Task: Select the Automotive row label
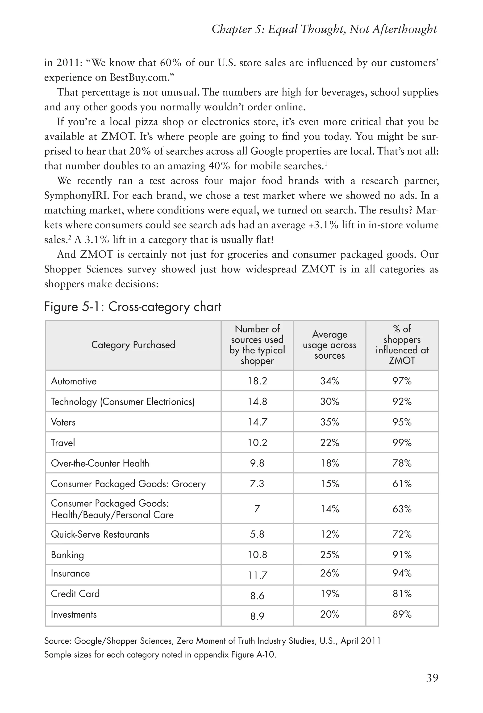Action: pyautogui.click(x=74, y=381)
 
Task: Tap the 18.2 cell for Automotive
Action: pyautogui.click(x=257, y=381)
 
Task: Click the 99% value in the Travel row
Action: pyautogui.click(x=402, y=442)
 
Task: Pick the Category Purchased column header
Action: pyautogui.click(x=133, y=345)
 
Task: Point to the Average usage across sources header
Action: pyautogui.click(x=329, y=345)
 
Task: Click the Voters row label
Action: pyautogui.click(x=63, y=422)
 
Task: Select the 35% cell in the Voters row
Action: pyautogui.click(x=329, y=422)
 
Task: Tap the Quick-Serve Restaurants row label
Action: pyautogui.click(x=100, y=534)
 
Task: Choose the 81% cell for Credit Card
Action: pyautogui.click(x=402, y=594)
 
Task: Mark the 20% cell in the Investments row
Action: pyautogui.click(x=329, y=614)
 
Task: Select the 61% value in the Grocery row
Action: pyautogui.click(x=402, y=484)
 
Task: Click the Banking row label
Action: pyautogui.click(x=67, y=555)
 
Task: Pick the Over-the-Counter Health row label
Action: pyautogui.click(x=100, y=463)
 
